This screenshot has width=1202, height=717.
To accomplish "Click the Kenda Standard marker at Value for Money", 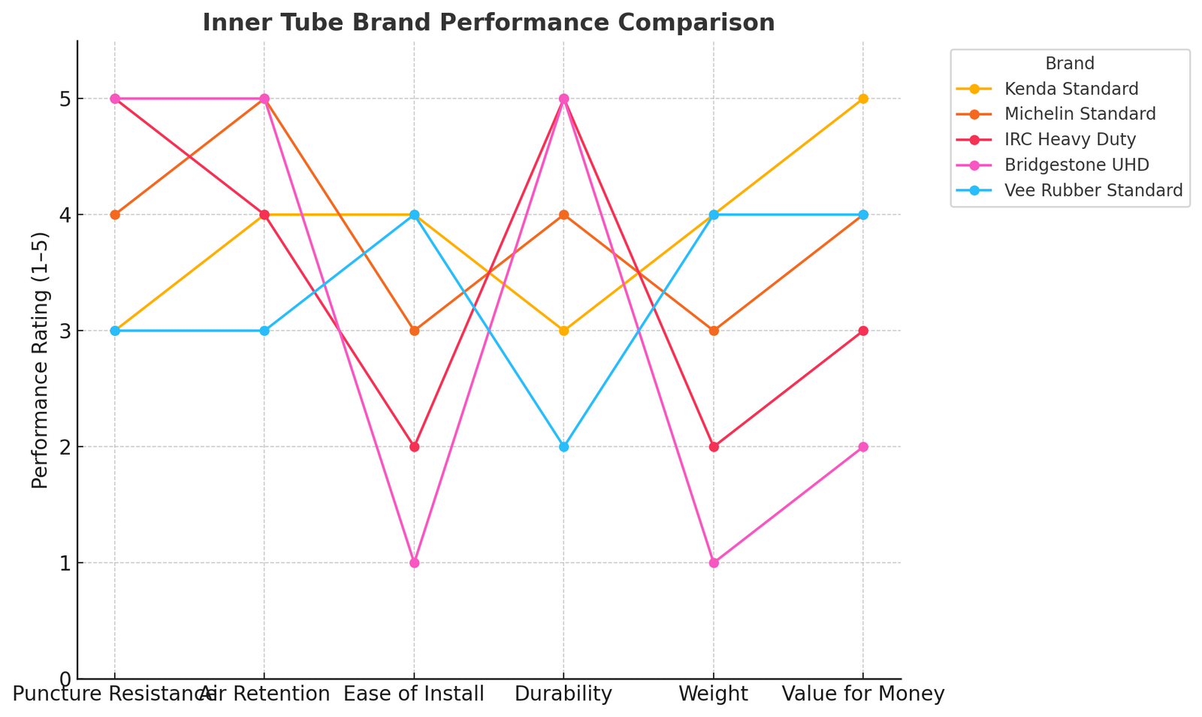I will (863, 98).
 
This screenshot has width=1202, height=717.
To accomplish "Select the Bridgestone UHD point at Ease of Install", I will (414, 563).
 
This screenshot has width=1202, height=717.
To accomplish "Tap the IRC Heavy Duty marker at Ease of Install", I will (414, 446).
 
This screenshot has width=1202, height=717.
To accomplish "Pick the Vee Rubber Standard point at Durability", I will (563, 446).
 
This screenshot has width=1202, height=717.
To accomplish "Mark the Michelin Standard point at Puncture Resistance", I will (115, 215).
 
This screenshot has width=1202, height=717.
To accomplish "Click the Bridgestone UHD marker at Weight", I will (714, 563).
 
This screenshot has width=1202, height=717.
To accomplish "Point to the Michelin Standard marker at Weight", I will (714, 331).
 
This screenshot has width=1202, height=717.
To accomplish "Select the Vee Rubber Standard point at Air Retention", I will (264, 331).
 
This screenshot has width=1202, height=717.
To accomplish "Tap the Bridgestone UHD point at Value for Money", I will (863, 446).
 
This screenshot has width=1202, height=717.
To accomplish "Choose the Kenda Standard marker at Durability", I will (563, 331).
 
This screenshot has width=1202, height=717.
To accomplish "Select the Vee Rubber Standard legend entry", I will (1093, 190).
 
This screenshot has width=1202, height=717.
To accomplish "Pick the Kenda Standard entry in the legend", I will (1071, 89).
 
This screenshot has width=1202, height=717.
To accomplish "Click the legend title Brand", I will (1070, 64).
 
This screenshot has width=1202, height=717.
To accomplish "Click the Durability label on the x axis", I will (563, 694).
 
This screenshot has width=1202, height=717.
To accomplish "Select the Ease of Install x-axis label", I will (414, 694).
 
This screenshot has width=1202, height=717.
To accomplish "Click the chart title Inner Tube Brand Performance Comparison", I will (488, 23).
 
